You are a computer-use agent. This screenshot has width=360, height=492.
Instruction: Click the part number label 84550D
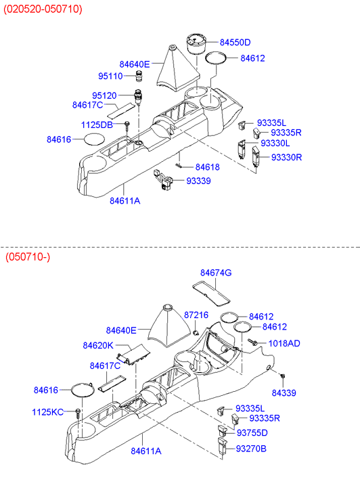(235, 43)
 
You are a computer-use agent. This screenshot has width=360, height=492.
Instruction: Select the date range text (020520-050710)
(43, 9)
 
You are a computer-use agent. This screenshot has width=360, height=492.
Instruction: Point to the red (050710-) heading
(28, 257)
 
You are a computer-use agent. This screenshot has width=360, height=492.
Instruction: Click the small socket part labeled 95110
(138, 76)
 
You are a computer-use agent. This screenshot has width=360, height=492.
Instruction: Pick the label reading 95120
(104, 95)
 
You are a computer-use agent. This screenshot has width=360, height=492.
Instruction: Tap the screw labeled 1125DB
(127, 126)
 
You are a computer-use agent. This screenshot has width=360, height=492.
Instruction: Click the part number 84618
(208, 167)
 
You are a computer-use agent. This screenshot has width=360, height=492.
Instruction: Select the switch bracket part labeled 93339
(163, 180)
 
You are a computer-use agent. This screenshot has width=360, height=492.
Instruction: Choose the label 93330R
(286, 157)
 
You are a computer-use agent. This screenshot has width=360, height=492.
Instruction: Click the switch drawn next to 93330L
(241, 150)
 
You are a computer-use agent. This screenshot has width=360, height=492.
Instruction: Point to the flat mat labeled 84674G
(211, 293)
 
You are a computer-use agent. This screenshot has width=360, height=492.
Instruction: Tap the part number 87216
(196, 315)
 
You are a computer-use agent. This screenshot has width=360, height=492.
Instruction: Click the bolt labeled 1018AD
(252, 342)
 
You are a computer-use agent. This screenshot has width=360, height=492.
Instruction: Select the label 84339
(284, 393)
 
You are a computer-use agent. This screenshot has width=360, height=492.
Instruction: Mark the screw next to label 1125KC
(78, 413)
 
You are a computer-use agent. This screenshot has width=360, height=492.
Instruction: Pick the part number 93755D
(252, 432)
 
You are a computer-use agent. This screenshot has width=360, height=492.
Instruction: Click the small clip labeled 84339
(283, 376)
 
